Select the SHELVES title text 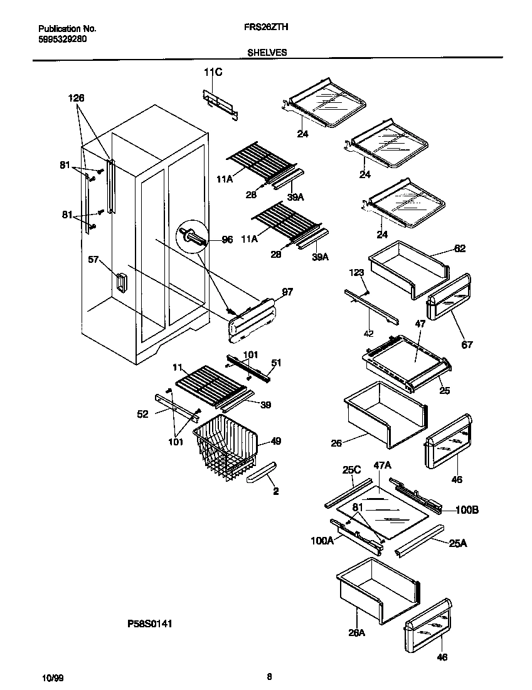pyautogui.click(x=267, y=53)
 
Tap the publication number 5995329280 pyautogui.click(x=63, y=38)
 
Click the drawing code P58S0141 pyautogui.click(x=149, y=624)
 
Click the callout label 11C pyautogui.click(x=213, y=73)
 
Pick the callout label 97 pyautogui.click(x=288, y=292)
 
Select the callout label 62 pyautogui.click(x=460, y=248)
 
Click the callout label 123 pyautogui.click(x=357, y=272)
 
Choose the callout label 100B pyautogui.click(x=467, y=510)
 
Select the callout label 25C pyautogui.click(x=351, y=469)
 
